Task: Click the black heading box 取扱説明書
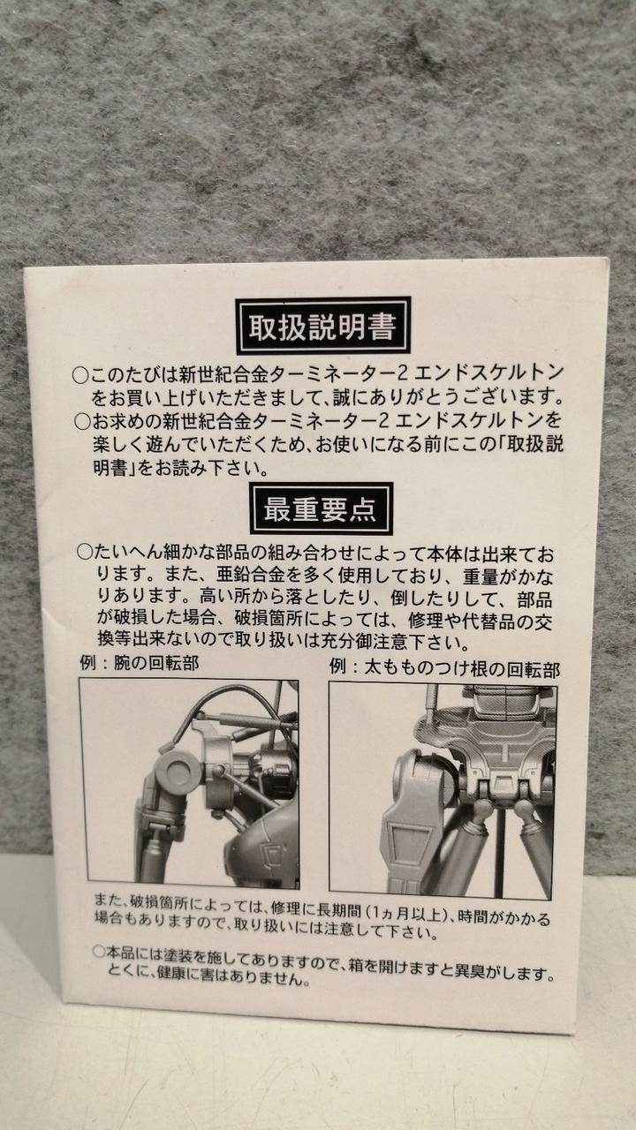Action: pyautogui.click(x=322, y=326)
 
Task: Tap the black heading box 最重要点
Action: pyautogui.click(x=321, y=508)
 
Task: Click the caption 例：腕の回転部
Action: pyautogui.click(x=140, y=662)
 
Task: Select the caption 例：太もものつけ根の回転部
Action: pyautogui.click(x=444, y=668)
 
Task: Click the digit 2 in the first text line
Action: pyautogui.click(x=403, y=373)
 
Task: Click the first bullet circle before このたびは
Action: pyautogui.click(x=80, y=375)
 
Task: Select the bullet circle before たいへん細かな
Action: pyautogui.click(x=85, y=552)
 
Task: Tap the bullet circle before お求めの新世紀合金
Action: pyautogui.click(x=82, y=421)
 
